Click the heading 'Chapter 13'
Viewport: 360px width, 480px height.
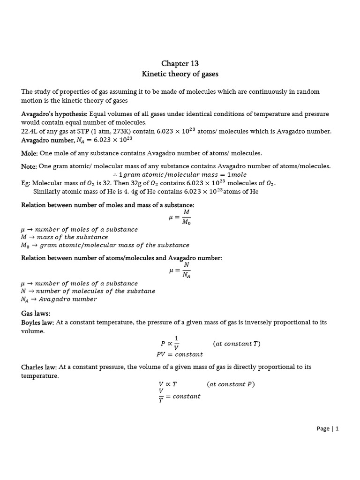(180, 63)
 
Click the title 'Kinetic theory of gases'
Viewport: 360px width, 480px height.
(180, 74)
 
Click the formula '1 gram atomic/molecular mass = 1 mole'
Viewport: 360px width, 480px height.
(180, 174)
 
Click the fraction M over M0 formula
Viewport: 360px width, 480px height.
(180, 217)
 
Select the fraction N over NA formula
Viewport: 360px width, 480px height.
(180, 270)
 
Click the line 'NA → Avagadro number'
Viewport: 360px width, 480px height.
(59, 299)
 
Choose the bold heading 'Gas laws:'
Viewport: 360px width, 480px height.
(36, 313)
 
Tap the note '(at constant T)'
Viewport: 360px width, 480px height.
(236, 344)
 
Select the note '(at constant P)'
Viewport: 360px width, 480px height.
(231, 384)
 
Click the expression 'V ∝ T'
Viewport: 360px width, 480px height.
(168, 384)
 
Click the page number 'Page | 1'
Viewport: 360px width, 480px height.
(328, 428)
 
